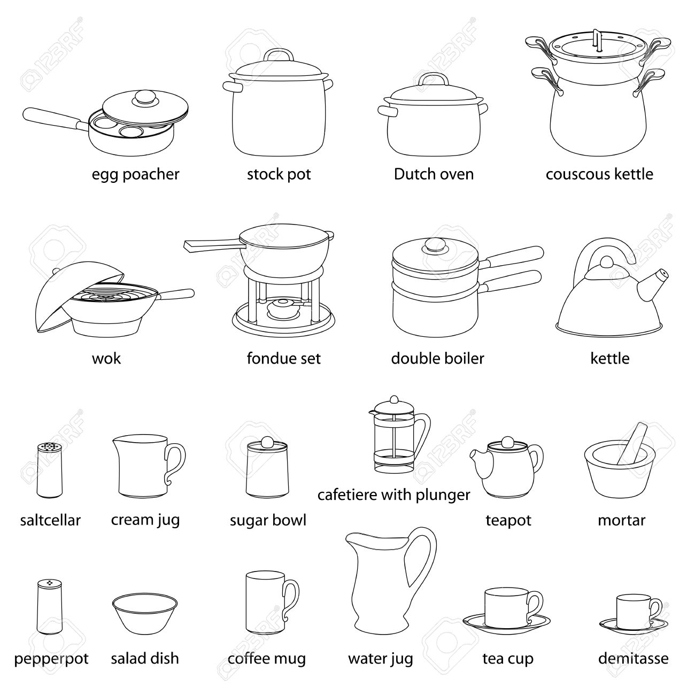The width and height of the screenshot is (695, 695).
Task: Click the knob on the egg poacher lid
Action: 144,98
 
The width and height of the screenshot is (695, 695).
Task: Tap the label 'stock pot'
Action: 279,174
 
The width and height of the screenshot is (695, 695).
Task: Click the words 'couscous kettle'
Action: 599,174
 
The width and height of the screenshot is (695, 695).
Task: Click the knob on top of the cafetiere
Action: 393,399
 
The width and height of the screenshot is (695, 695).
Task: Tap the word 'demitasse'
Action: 633,659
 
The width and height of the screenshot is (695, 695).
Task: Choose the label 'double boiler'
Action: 437,358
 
